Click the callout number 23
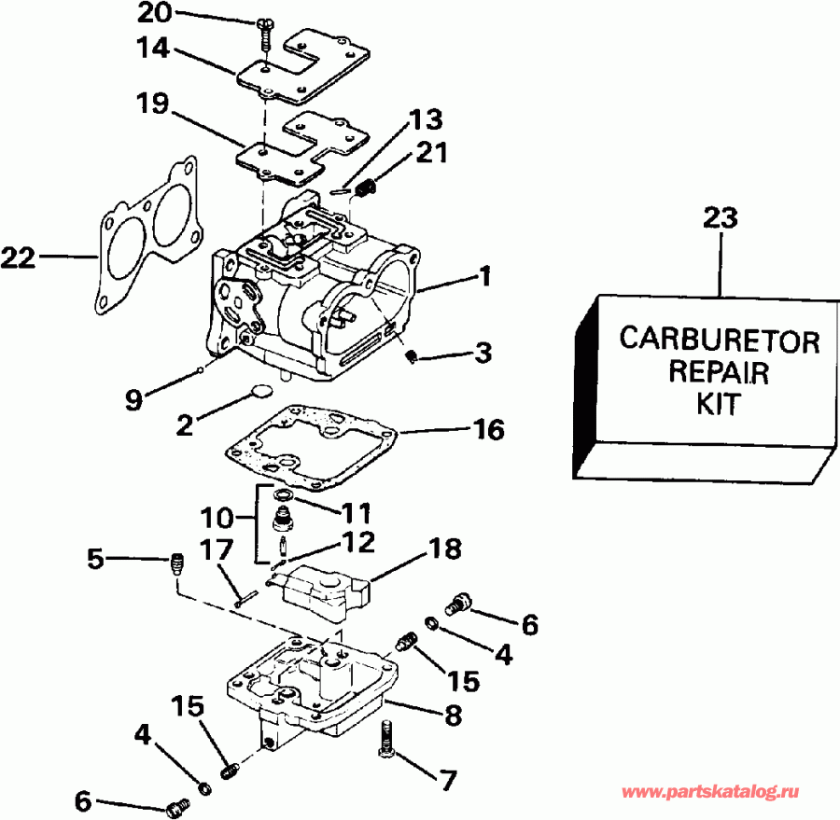[x=720, y=220]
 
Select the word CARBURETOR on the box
[x=719, y=340]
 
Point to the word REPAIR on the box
[x=719, y=373]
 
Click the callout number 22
[x=20, y=257]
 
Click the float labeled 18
[x=322, y=591]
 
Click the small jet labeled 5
[x=175, y=563]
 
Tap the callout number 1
[x=485, y=276]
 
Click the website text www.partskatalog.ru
[x=714, y=792]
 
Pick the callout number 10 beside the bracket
[x=218, y=515]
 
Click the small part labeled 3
[x=413, y=354]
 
